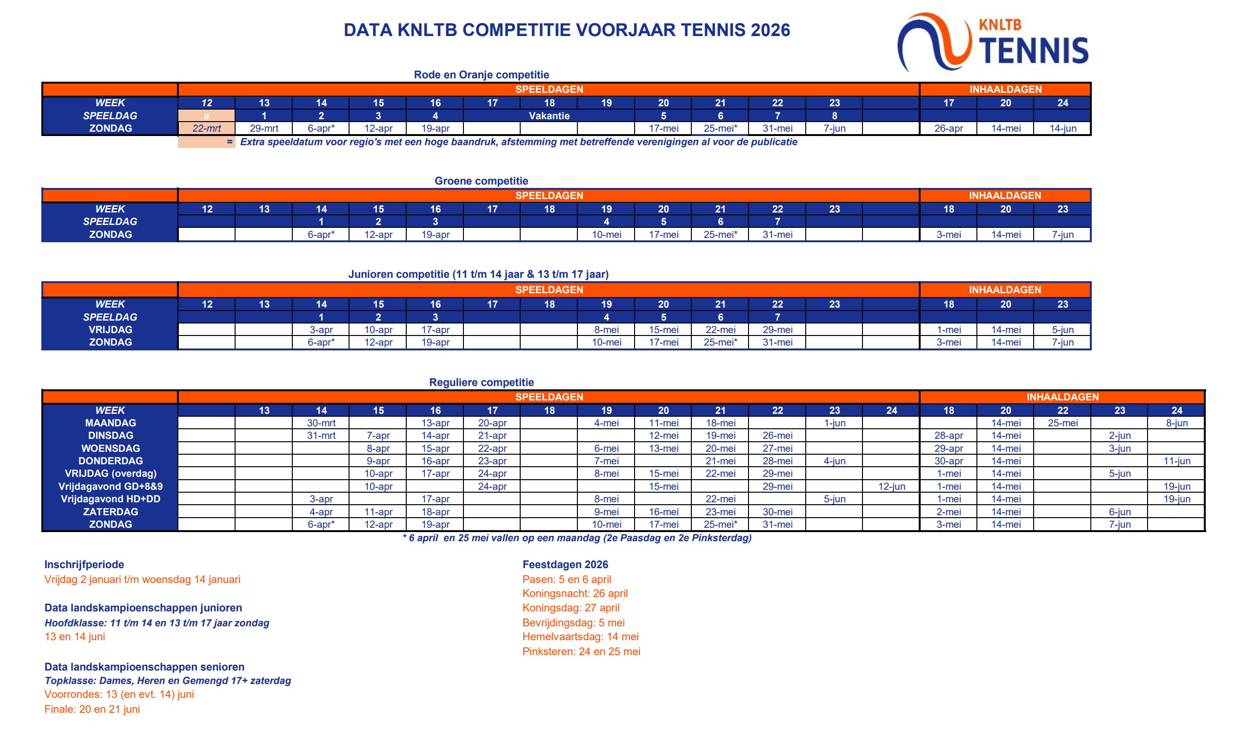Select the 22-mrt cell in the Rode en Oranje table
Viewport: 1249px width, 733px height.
207,128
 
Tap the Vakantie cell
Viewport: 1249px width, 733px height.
549,116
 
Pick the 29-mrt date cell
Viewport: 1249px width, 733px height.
263,128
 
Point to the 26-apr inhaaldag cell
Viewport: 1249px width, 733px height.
948,128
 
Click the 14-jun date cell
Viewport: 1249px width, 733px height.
1062,128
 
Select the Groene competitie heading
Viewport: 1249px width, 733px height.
481,181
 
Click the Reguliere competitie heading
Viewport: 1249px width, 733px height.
481,382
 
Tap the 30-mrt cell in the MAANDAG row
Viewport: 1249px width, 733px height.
321,423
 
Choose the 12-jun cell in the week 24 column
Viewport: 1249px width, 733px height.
891,486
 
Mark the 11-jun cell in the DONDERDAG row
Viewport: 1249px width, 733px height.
1176,461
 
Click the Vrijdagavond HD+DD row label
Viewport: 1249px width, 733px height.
111,499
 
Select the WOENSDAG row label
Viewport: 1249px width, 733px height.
111,448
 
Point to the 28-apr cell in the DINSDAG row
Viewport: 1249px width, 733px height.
948,435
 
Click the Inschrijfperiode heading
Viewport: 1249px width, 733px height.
84,564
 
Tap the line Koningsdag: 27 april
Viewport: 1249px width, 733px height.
571,608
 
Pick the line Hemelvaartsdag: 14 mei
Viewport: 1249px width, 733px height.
580,636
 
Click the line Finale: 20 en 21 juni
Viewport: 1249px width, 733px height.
92,709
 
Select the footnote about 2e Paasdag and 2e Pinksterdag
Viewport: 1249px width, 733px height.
577,538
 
